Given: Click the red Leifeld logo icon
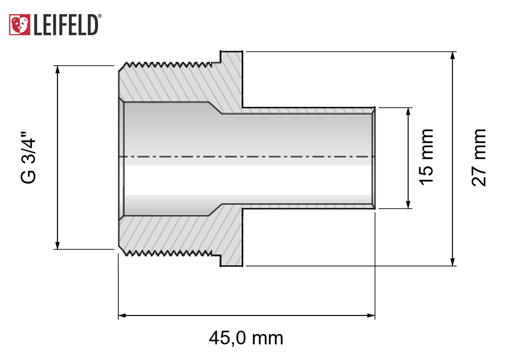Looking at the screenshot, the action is (19, 25).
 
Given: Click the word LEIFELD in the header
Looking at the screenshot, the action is (66, 25).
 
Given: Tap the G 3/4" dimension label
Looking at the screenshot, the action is (29, 157).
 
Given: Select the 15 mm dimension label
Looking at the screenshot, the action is (426, 157).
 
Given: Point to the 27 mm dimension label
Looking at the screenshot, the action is (478, 158).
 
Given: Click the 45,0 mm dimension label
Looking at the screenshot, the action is (246, 338).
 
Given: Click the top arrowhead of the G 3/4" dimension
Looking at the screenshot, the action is (57, 69).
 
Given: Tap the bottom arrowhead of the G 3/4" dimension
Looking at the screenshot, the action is (57, 246).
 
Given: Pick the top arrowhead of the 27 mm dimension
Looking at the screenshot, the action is (453, 55).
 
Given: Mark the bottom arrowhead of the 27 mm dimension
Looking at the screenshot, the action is (453, 262).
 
